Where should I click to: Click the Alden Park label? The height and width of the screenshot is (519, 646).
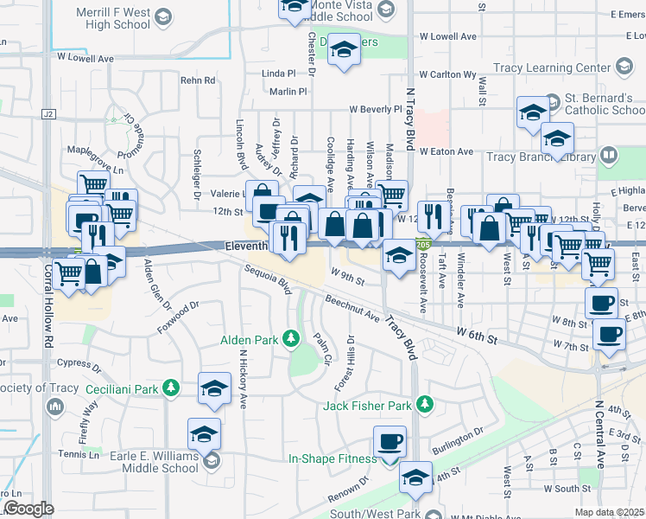click(249, 340)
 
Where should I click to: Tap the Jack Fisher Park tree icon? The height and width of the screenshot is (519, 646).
click(424, 404)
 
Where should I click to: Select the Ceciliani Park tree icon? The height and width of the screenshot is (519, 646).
click(172, 388)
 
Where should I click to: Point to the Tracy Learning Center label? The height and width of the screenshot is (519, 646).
click(550, 67)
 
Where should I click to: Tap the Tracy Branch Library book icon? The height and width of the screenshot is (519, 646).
click(609, 157)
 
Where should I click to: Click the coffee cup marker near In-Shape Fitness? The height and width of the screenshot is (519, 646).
click(389, 442)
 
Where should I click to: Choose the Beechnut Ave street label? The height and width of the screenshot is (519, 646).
click(352, 309)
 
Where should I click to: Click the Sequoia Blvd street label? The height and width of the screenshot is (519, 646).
click(269, 279)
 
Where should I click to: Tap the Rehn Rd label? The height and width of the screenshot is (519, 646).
click(197, 80)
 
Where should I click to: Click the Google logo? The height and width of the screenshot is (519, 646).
click(29, 509)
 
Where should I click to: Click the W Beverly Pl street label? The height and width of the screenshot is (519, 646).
click(376, 110)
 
